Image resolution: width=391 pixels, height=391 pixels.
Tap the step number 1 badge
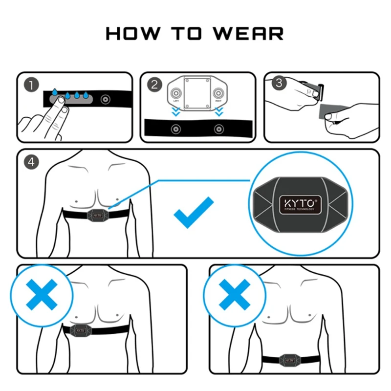[x=31, y=85]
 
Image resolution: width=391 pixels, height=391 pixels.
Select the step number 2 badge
[x=154, y=85]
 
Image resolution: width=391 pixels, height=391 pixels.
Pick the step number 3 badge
[x=278, y=83]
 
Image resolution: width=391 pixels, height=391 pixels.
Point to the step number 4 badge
[x=31, y=162]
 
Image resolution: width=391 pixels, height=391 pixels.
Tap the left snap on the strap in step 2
[x=175, y=129]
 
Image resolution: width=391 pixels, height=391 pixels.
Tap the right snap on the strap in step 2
[x=218, y=129]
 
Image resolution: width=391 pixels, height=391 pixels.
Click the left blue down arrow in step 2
[x=175, y=112]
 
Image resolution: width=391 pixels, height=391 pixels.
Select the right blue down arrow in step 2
[x=218, y=112]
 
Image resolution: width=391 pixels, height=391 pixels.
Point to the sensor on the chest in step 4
[x=96, y=215]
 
